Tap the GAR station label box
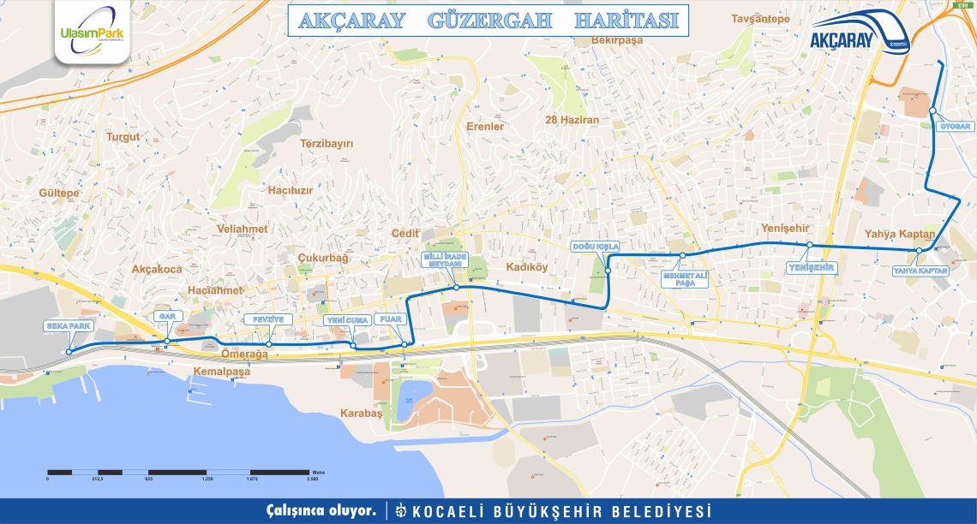[165, 316]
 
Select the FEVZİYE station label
[268, 319]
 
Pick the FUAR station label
[391, 320]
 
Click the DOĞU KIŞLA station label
[596, 246]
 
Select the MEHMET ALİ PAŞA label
[685, 279]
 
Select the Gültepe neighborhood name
[59, 194]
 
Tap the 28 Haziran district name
[572, 120]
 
